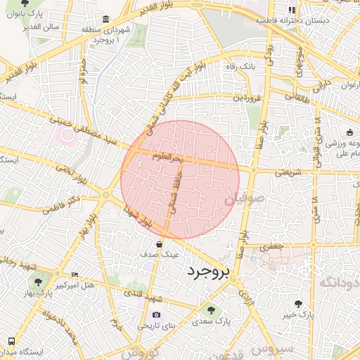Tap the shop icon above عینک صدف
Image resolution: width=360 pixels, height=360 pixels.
pyautogui.click(x=160, y=244)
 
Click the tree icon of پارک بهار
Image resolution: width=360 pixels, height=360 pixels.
pyautogui.click(x=38, y=281)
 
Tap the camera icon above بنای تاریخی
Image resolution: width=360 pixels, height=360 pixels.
pyautogui.click(x=156, y=314)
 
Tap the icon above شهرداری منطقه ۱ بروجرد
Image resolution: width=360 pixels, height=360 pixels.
pyautogui.click(x=105, y=19)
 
